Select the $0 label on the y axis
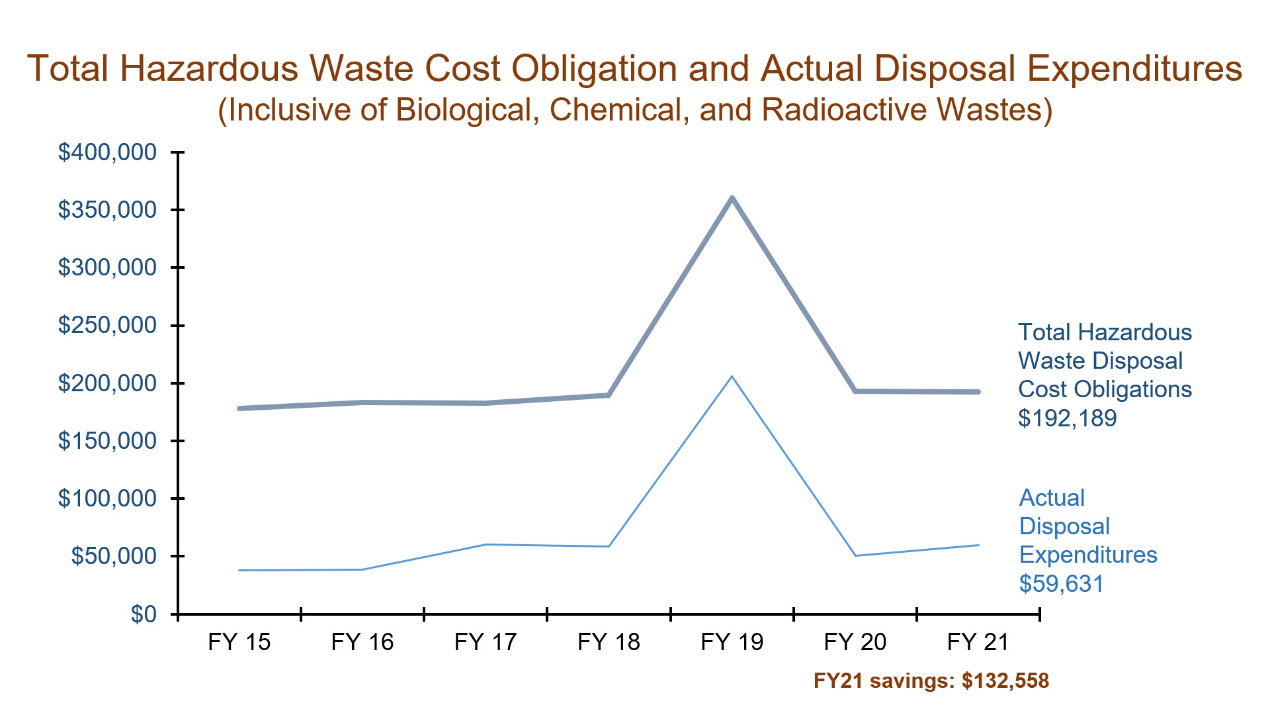(x=144, y=614)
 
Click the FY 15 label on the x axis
(x=239, y=642)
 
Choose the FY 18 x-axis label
(x=609, y=642)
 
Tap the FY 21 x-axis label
(x=978, y=642)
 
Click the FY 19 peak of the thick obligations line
(x=732, y=198)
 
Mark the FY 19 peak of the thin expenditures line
(x=732, y=377)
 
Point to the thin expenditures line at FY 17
(x=486, y=544)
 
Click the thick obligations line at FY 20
(x=855, y=391)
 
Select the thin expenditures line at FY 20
(x=855, y=555)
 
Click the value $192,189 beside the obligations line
(x=1067, y=418)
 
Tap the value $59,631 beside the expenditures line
(x=1061, y=584)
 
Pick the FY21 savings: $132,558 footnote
(x=931, y=681)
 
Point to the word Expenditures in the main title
(x=1133, y=68)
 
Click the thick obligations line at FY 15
(x=239, y=408)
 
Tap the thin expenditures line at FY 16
(x=362, y=569)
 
